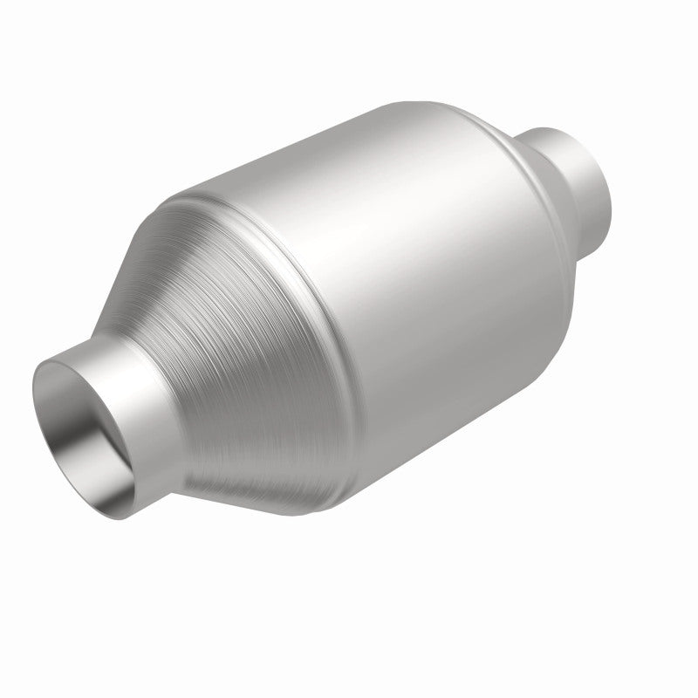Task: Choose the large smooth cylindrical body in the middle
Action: point(410,288)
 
